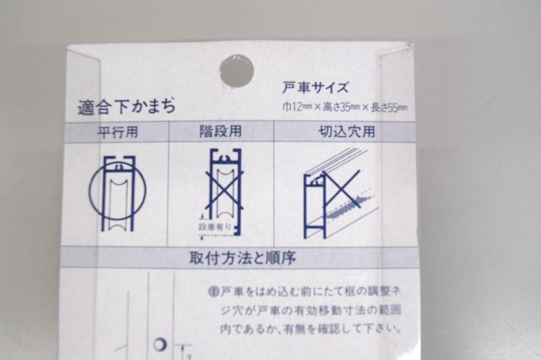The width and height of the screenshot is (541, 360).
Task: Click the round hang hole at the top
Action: tap(236, 71)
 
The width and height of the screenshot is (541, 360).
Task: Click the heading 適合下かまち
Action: tap(126, 107)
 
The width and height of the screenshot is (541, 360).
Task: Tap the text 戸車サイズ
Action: tap(315, 88)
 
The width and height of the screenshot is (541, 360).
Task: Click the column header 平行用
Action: tap(118, 132)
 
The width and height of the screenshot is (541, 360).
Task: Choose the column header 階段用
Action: tap(220, 132)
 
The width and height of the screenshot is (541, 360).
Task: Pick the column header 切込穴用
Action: tap(347, 132)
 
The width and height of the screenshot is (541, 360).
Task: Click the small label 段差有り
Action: tap(215, 227)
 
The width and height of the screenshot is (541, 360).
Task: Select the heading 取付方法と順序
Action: tap(242, 258)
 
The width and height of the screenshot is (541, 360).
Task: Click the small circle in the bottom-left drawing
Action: tap(160, 344)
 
